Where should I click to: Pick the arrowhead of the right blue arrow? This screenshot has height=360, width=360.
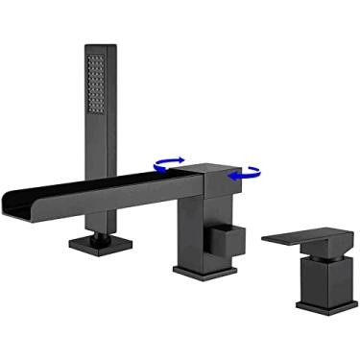[231, 176]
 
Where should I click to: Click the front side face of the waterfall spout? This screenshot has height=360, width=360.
[106, 196]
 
